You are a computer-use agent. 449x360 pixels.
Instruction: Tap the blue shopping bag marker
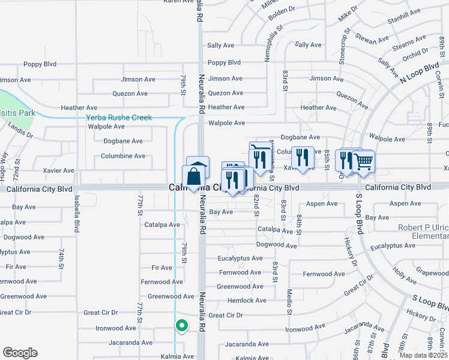coord(194,178)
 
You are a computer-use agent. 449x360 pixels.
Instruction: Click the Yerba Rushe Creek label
coord(119,118)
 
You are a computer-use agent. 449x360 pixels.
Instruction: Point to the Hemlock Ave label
coord(247,301)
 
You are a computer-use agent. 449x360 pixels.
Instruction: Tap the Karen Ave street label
coord(179,2)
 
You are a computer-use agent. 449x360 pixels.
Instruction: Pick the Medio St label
coord(289,302)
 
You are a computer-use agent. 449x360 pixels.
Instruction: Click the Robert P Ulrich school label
coord(424,232)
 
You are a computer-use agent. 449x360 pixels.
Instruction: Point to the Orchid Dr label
coord(415,54)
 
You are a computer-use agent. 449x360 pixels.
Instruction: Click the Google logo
coord(20,353)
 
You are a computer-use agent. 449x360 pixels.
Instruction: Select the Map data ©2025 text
coord(423,355)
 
